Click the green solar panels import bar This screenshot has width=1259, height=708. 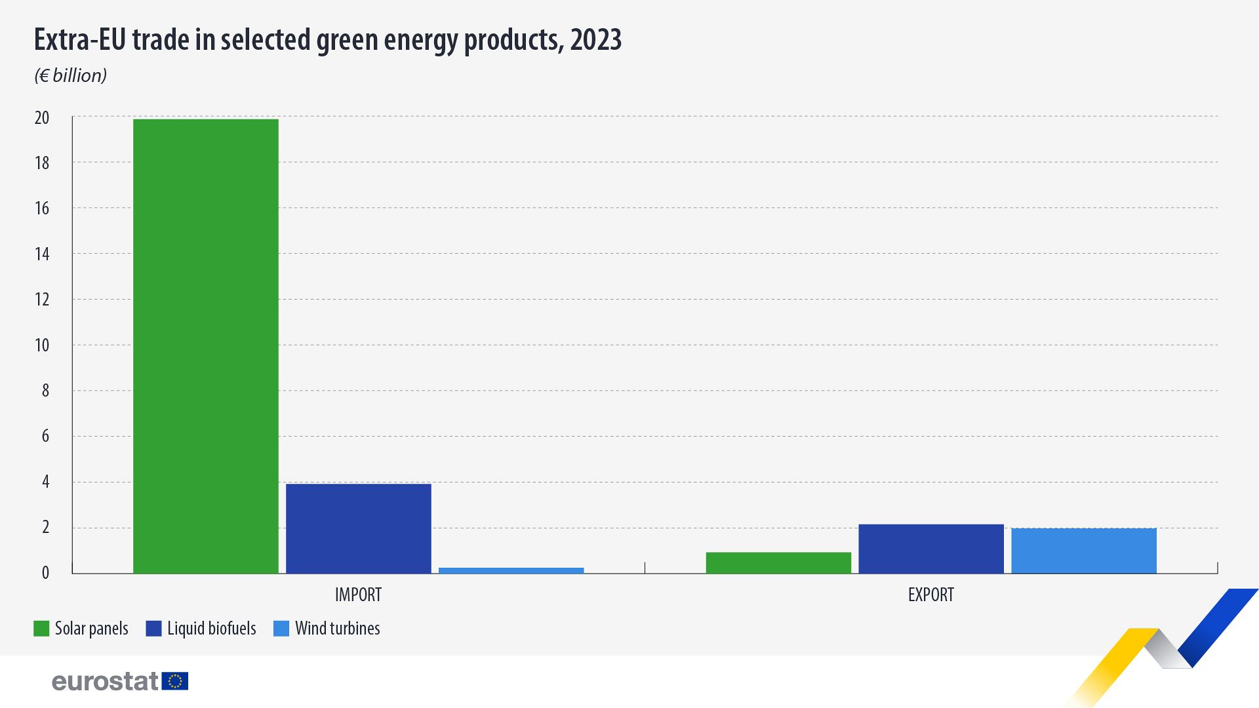pyautogui.click(x=205, y=346)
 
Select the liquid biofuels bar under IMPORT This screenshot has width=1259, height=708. pyautogui.click(x=359, y=528)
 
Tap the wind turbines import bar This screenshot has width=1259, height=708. pyautogui.click(x=511, y=570)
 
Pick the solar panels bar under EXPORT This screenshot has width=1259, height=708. pyautogui.click(x=778, y=563)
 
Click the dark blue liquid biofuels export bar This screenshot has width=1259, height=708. pyautogui.click(x=931, y=549)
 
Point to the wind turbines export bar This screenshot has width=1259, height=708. pyautogui.click(x=1084, y=551)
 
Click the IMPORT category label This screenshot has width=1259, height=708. pyautogui.click(x=358, y=595)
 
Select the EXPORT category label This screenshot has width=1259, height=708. pyautogui.click(x=930, y=595)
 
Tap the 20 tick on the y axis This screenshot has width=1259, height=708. pyautogui.click(x=42, y=118)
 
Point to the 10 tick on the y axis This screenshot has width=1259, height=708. pyautogui.click(x=42, y=345)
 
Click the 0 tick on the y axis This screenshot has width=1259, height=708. pyautogui.click(x=45, y=573)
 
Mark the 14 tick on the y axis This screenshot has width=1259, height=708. pyautogui.click(x=42, y=254)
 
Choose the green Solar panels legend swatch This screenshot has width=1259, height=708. pyautogui.click(x=41, y=629)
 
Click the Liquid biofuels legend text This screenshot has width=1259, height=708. pyautogui.click(x=211, y=629)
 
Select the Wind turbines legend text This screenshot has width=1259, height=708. pyautogui.click(x=337, y=629)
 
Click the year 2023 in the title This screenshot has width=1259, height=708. pyautogui.click(x=595, y=40)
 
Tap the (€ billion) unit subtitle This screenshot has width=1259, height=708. pyautogui.click(x=70, y=76)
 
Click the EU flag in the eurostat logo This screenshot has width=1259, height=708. pyautogui.click(x=175, y=681)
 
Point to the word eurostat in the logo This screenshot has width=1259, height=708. pyautogui.click(x=105, y=681)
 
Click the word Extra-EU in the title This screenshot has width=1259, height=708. pyautogui.click(x=79, y=40)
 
